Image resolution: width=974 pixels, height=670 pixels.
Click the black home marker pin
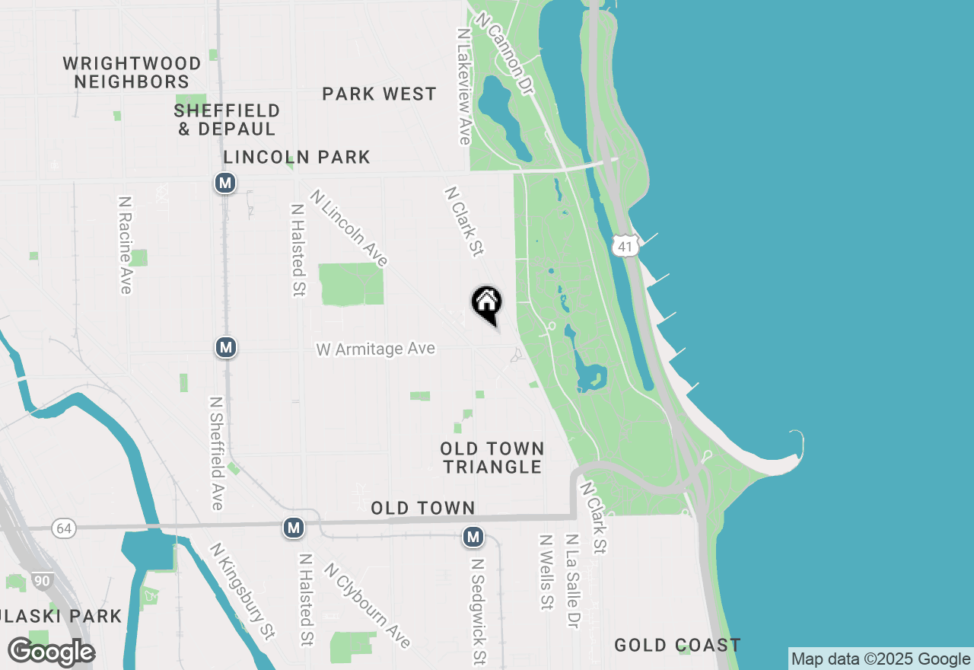[x=487, y=304]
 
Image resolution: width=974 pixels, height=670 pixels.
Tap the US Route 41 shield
[x=625, y=245]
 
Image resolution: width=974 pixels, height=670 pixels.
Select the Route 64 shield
[x=64, y=528]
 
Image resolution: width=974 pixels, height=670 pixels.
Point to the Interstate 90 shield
[x=43, y=582]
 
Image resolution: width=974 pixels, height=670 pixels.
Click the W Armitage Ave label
[x=376, y=349]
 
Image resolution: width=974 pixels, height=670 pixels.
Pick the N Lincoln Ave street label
[x=349, y=228]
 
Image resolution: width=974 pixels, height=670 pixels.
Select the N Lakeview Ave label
[x=464, y=87]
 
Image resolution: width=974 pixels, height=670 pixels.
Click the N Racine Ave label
[x=126, y=244]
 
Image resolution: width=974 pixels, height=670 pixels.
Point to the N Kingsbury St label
[x=243, y=590]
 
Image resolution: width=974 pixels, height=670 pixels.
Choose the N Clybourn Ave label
[x=367, y=605]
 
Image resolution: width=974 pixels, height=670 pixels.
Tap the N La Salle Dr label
[x=571, y=581]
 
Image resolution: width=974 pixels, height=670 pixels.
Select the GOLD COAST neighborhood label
[x=677, y=646]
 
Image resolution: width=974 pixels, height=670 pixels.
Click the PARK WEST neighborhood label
[x=379, y=94]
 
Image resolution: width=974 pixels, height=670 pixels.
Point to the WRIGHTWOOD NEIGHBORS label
[x=132, y=72]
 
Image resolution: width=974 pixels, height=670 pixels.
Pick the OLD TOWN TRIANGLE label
[x=492, y=458]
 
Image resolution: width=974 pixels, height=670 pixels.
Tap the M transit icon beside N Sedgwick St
[x=473, y=538]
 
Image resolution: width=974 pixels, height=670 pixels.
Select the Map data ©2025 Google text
[x=880, y=659]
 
